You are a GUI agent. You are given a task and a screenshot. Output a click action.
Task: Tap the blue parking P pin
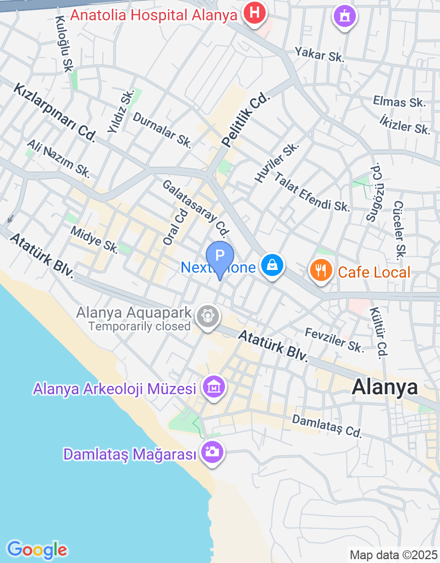[x=220, y=257]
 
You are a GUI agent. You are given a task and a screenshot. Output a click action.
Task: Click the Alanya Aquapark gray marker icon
[x=208, y=316]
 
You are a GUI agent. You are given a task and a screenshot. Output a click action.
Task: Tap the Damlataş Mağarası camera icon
[x=212, y=452]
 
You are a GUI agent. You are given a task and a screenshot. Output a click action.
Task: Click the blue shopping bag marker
[x=272, y=266]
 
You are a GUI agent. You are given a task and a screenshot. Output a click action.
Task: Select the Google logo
[x=37, y=549]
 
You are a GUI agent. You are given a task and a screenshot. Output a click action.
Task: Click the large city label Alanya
[x=384, y=387]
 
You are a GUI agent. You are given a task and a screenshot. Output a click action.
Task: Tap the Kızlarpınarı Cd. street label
[x=55, y=111]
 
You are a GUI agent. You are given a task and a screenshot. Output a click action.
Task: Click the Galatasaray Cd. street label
[x=195, y=206]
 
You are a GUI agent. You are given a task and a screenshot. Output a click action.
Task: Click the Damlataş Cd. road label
[x=327, y=426]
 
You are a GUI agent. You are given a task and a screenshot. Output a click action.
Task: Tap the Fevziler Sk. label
[x=334, y=340]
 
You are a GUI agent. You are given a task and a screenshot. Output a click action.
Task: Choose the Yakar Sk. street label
[x=320, y=54]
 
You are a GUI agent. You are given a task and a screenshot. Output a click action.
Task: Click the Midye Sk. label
[x=94, y=239]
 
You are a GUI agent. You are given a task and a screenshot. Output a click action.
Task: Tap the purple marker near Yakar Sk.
[x=345, y=16]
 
